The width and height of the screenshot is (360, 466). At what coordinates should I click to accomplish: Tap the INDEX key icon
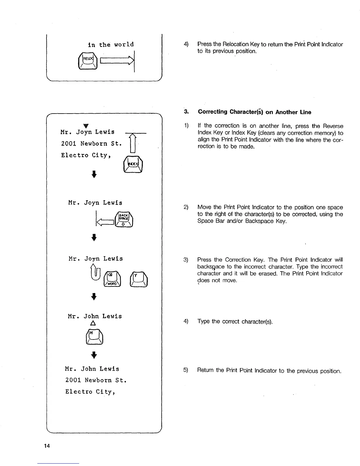(134, 164)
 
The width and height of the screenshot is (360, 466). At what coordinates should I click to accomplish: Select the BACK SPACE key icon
(125, 220)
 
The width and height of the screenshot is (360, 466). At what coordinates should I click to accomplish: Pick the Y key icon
(138, 279)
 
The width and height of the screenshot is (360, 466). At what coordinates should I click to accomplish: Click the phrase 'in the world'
(111, 45)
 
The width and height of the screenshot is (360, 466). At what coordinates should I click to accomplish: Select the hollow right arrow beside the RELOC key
(117, 61)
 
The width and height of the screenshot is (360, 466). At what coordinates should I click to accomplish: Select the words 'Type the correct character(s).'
(235, 321)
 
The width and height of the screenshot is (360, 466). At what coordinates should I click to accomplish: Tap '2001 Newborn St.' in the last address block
(96, 380)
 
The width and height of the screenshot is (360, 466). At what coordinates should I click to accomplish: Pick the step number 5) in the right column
(186, 370)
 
